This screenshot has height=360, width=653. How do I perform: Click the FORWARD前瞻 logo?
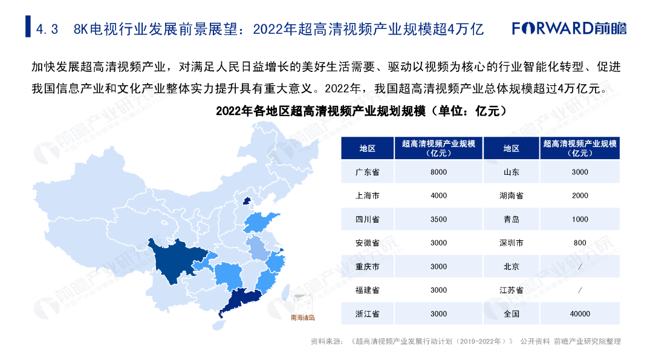(x=569, y=28)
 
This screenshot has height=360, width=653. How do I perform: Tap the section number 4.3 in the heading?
(x=47, y=29)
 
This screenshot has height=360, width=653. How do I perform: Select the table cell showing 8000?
(x=438, y=172)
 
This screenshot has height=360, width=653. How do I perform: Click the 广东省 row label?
(x=368, y=172)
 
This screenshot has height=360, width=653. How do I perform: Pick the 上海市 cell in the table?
(x=368, y=195)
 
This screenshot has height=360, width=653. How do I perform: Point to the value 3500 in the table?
(x=438, y=219)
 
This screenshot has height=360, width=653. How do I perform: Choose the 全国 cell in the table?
(x=512, y=314)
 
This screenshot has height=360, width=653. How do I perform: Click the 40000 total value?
(x=580, y=314)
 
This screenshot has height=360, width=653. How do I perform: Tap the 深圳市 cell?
(x=512, y=243)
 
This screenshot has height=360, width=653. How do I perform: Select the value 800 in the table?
(x=580, y=243)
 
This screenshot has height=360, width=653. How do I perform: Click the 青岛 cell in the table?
(x=512, y=219)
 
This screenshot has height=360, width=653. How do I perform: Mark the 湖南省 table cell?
(x=512, y=195)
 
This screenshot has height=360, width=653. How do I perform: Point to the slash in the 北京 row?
(x=580, y=267)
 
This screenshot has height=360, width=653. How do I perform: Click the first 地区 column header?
(x=368, y=148)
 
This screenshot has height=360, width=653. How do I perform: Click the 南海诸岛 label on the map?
(x=303, y=318)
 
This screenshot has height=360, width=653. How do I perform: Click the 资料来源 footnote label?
(x=324, y=341)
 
